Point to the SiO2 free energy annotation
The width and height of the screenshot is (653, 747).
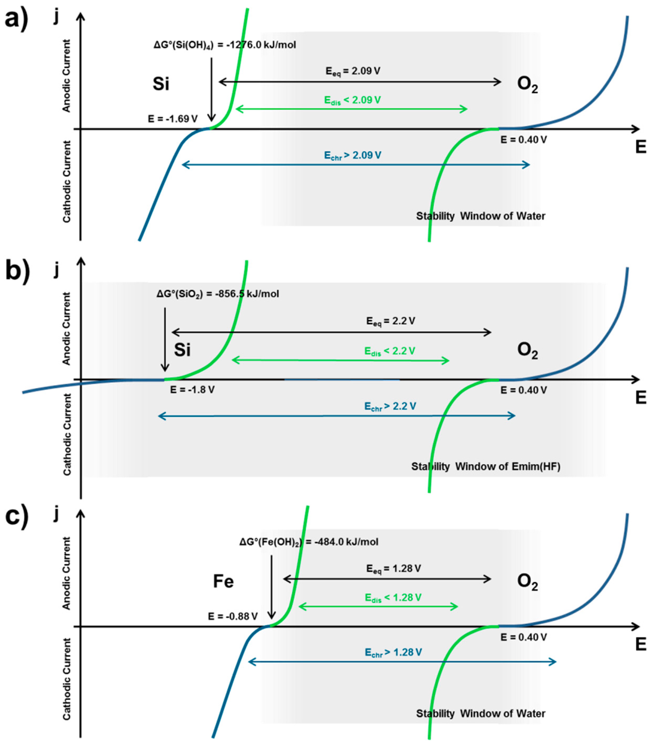point(218,294)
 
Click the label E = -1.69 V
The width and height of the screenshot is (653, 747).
point(173,119)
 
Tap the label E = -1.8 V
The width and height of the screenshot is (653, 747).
point(192,390)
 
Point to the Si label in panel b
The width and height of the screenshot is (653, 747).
point(182,350)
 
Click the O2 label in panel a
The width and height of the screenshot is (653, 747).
point(527,84)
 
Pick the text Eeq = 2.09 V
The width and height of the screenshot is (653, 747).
point(353,71)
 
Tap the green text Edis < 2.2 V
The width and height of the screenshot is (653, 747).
point(390,351)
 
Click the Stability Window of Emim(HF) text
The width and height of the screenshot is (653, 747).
point(486,466)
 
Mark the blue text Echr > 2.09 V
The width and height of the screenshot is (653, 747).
point(353,156)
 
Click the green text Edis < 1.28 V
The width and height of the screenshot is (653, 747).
point(393,597)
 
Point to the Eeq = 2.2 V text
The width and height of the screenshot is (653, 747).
point(391,321)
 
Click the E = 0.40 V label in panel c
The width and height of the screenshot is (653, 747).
point(523,637)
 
